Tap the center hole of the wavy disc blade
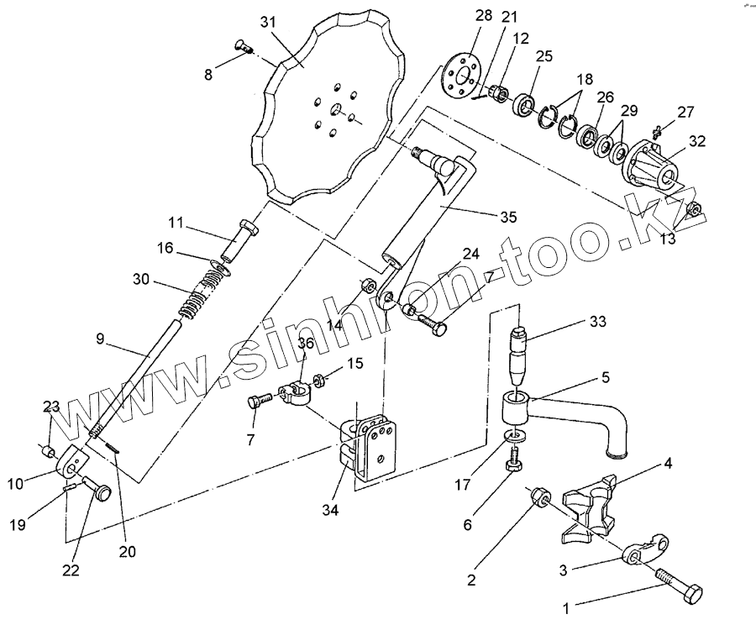333,109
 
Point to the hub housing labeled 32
654,165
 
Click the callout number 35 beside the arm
507,217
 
